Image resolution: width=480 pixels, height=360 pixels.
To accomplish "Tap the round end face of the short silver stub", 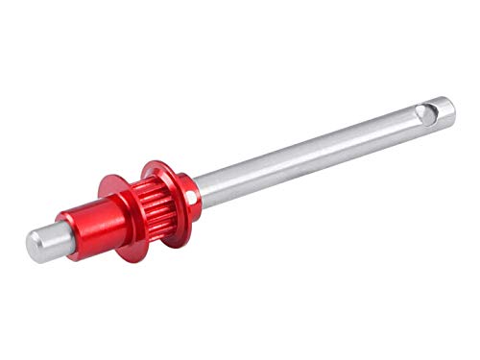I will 34,248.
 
